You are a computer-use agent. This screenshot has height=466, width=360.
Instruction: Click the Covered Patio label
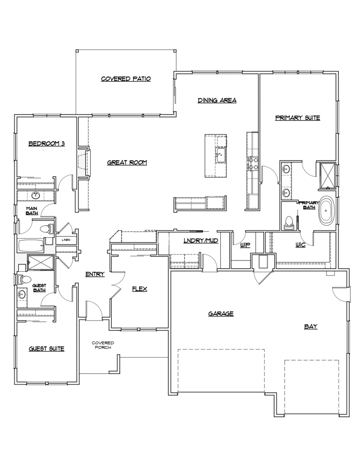pyautogui.click(x=126, y=79)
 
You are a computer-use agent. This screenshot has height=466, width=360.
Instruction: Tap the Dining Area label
pyautogui.click(x=217, y=100)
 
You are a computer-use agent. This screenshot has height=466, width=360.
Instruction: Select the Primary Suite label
pyautogui.click(x=297, y=118)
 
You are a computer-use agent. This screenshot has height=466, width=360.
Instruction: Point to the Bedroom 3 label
pyautogui.click(x=46, y=144)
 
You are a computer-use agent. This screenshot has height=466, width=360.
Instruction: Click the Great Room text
pyautogui.click(x=127, y=163)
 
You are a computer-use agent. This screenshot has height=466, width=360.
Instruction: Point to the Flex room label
pyautogui.click(x=139, y=289)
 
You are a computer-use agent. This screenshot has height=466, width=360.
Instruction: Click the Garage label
pyautogui.click(x=220, y=314)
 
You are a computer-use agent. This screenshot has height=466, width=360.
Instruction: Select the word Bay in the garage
pyautogui.click(x=311, y=327)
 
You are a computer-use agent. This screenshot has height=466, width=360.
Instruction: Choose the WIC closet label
pyautogui.click(x=300, y=245)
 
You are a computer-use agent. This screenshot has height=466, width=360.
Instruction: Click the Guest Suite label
pyautogui.click(x=46, y=349)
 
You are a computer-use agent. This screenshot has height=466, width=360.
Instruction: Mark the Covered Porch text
pyautogui.click(x=102, y=345)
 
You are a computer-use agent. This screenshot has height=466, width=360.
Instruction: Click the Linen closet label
pyautogui.click(x=66, y=240)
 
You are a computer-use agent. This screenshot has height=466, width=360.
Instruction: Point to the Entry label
pyautogui.click(x=95, y=274)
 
